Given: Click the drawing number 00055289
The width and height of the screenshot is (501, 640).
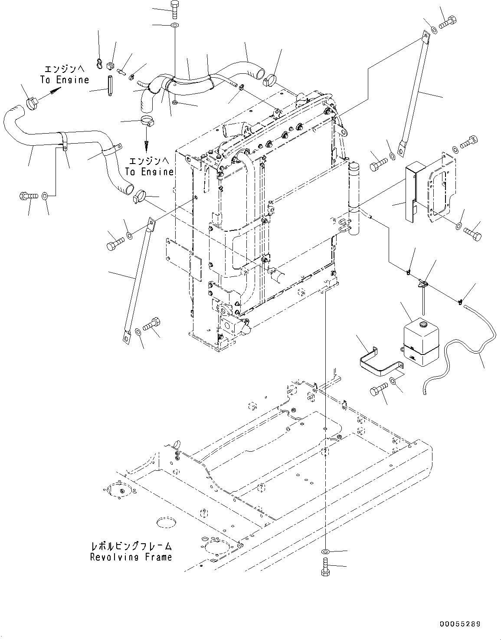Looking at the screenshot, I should pos(460,624).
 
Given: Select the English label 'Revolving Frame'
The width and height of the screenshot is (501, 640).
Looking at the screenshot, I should pos(131,557).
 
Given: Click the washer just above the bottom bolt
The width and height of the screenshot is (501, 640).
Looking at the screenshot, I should pos(325,551).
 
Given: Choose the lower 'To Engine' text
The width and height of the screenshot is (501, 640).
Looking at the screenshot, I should pos(149,172).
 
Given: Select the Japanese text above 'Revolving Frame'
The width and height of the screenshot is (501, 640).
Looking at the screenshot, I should pos(131,546).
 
